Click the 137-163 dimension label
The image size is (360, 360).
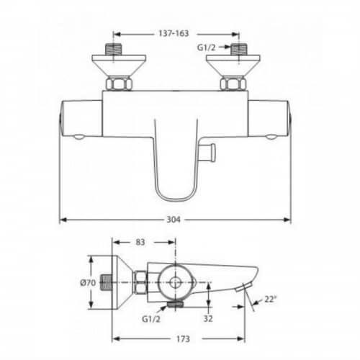[x=174, y=33]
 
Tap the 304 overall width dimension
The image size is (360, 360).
[x=174, y=220]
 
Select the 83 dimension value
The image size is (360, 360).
[x=140, y=242]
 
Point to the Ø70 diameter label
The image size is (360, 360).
[x=88, y=283]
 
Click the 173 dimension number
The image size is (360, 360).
[x=183, y=339]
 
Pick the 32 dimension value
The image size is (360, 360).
[x=208, y=318]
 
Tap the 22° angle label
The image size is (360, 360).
[x=271, y=300]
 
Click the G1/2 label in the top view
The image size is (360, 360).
[x=207, y=48]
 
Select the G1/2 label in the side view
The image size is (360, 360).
[x=151, y=319]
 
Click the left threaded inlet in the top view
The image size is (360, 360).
[x=114, y=50]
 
